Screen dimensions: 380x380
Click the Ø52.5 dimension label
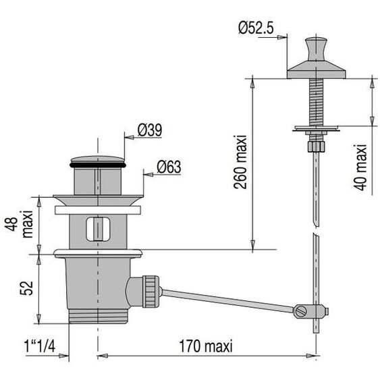click(x=256, y=28)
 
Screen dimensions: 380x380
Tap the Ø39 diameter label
click(x=150, y=130)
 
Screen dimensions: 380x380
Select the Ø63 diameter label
click(x=169, y=167)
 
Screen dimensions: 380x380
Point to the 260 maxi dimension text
click(x=240, y=162)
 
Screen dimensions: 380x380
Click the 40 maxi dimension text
click(x=360, y=167)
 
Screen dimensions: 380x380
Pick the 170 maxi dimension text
click(x=206, y=346)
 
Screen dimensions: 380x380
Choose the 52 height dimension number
click(x=26, y=288)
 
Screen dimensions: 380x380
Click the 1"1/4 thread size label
click(x=40, y=346)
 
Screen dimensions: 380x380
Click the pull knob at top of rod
click(x=315, y=49)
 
